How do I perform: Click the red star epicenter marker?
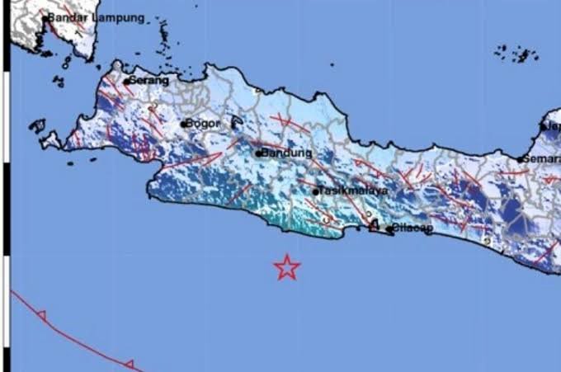(286, 267)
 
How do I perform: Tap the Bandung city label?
(287, 153)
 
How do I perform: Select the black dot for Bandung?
(258, 153)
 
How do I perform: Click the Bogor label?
(203, 125)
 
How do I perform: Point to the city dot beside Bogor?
(184, 125)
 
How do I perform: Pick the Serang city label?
(149, 81)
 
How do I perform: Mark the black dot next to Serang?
(126, 81)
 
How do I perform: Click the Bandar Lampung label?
(96, 17)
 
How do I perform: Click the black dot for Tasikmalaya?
(316, 192)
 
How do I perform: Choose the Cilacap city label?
(412, 228)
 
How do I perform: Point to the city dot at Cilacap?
(389, 229)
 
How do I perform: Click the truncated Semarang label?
(542, 158)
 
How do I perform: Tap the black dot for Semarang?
(521, 159)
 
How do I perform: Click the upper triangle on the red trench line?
(41, 314)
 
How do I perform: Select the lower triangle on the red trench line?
(129, 364)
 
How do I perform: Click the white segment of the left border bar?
(6, 210)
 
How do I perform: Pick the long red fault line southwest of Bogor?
(193, 161)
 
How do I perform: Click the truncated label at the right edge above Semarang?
(552, 126)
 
